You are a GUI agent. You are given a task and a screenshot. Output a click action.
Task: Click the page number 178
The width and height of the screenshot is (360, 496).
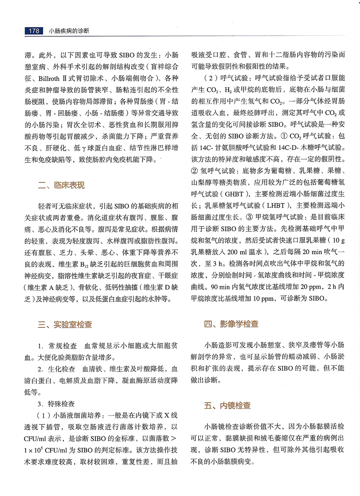click(34, 31)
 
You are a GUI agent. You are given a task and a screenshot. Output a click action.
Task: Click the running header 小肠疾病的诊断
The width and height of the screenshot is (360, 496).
click(69, 31)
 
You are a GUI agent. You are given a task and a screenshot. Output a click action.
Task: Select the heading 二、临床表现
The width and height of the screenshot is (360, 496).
click(61, 185)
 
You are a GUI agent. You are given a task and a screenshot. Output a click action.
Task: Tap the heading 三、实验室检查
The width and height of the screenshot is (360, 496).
click(65, 324)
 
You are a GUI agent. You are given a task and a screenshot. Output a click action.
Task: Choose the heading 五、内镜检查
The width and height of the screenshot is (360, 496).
click(227, 405)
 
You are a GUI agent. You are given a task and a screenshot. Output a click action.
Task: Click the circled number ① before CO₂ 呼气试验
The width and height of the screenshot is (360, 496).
click(284, 136)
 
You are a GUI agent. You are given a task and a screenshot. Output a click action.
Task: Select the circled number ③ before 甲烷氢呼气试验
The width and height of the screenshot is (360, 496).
click(248, 217)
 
